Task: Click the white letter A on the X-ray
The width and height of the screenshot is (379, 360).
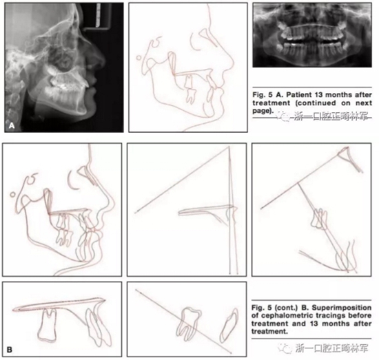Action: (12, 126)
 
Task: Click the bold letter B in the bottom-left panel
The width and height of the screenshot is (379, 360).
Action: (10, 350)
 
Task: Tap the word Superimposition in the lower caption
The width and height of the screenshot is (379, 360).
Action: (342, 308)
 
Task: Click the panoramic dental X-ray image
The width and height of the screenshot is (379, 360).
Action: (312, 35)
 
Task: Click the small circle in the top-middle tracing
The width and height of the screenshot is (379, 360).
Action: (139, 58)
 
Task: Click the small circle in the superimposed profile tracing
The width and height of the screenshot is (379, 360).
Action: (12, 194)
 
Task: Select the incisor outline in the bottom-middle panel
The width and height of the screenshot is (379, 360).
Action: (229, 325)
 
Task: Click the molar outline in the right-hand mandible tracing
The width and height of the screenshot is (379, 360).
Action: (320, 218)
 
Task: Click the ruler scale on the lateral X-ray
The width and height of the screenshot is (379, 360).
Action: (99, 14)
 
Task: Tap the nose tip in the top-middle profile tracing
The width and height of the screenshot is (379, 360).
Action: (233, 63)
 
